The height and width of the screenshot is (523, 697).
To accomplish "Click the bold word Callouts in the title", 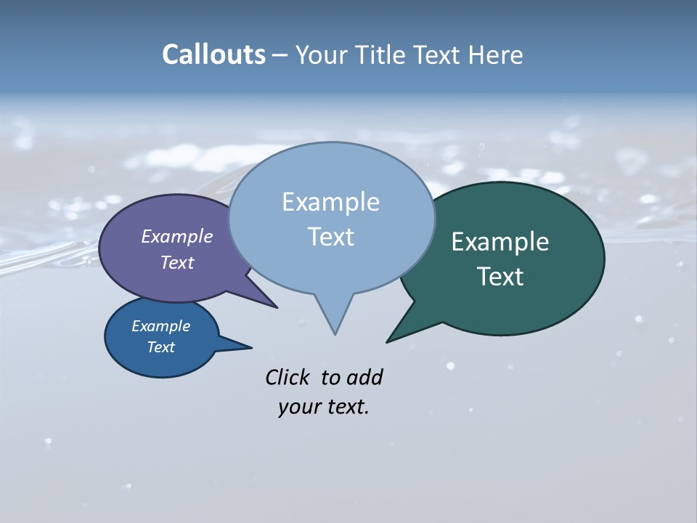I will pyautogui.click(x=213, y=54).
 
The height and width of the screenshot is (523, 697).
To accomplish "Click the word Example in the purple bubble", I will pyautogui.click(x=176, y=236).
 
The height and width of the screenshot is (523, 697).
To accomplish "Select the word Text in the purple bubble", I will pyautogui.click(x=176, y=262).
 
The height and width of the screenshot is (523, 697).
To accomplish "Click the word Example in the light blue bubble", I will pyautogui.click(x=330, y=202).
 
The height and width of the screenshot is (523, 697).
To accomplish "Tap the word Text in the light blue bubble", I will pyautogui.click(x=330, y=236).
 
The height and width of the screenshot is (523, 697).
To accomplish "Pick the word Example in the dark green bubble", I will pyautogui.click(x=500, y=242).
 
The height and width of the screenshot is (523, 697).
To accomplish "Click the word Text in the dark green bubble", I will pyautogui.click(x=500, y=276).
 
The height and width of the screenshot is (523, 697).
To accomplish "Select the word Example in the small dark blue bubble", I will pyautogui.click(x=160, y=326).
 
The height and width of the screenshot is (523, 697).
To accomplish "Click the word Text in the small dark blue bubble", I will pyautogui.click(x=160, y=347).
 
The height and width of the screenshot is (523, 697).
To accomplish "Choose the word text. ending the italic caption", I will pyautogui.click(x=346, y=407).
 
